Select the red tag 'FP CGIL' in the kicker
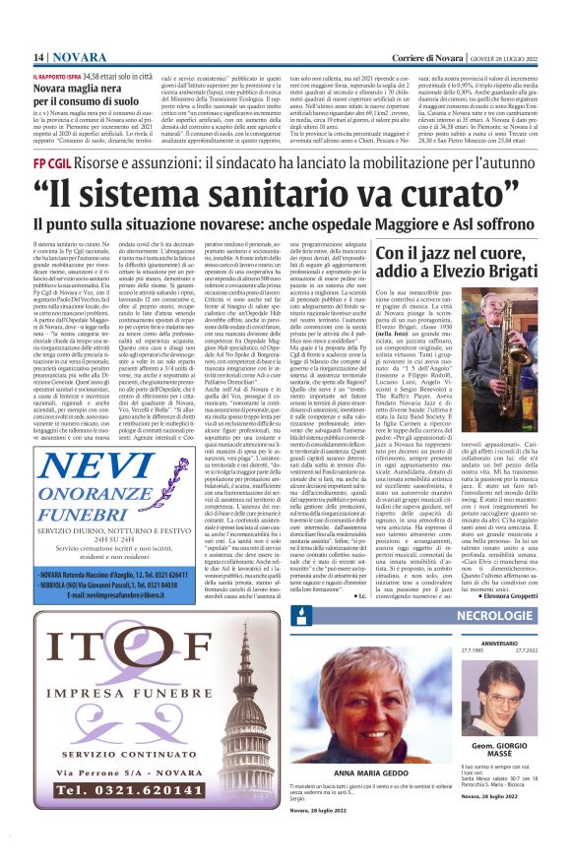coord(51,161)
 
